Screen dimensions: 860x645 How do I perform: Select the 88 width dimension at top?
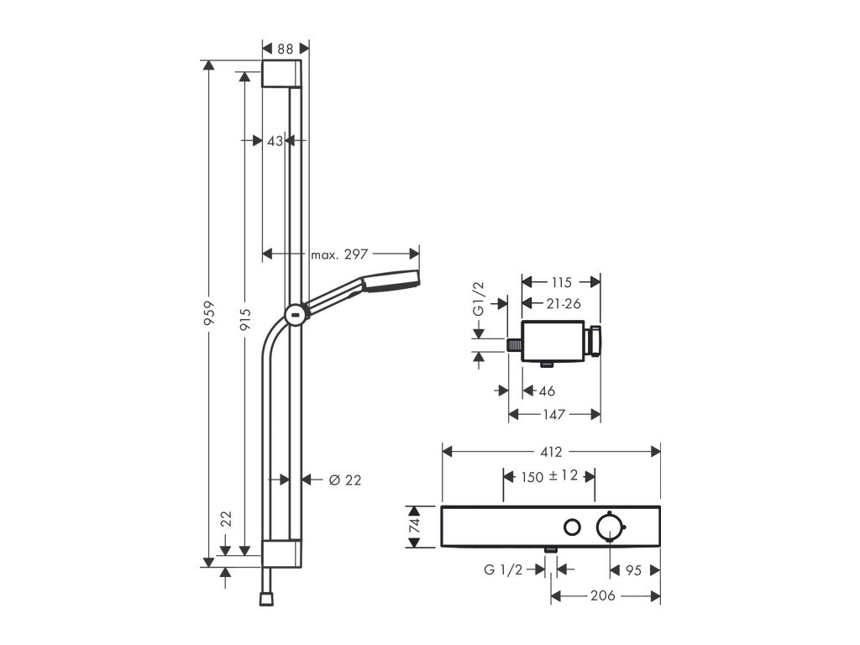(x=286, y=50)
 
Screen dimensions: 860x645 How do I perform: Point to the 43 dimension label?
(x=275, y=141)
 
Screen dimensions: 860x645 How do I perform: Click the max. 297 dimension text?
(x=339, y=254)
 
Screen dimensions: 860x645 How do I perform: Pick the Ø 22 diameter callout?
(x=344, y=480)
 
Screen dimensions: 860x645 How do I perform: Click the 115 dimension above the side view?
(x=562, y=283)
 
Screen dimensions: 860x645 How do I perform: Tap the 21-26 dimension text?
(x=563, y=303)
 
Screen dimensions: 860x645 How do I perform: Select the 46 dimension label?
(x=547, y=391)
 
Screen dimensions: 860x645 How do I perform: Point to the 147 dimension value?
(x=555, y=414)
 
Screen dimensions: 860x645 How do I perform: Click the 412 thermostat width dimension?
(x=551, y=452)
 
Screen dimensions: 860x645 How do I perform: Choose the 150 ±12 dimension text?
(x=549, y=476)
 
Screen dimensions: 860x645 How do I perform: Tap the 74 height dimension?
(x=413, y=527)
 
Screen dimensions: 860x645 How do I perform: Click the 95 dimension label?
(x=634, y=570)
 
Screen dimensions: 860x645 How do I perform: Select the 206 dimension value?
(x=603, y=595)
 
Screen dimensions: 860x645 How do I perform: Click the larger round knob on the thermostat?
(x=609, y=527)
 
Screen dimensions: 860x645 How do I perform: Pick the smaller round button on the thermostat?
(x=572, y=527)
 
